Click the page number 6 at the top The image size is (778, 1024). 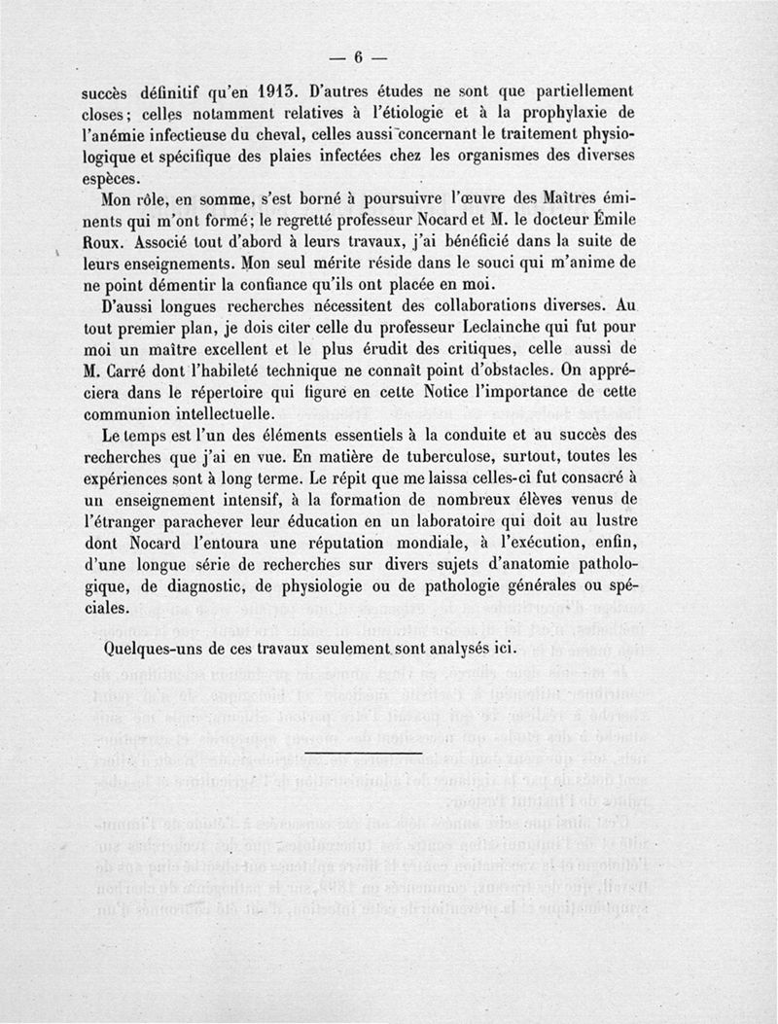pyautogui.click(x=357, y=56)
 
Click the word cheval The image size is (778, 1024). pyautogui.click(x=282, y=133)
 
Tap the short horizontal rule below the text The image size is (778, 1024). pyautogui.click(x=363, y=754)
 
